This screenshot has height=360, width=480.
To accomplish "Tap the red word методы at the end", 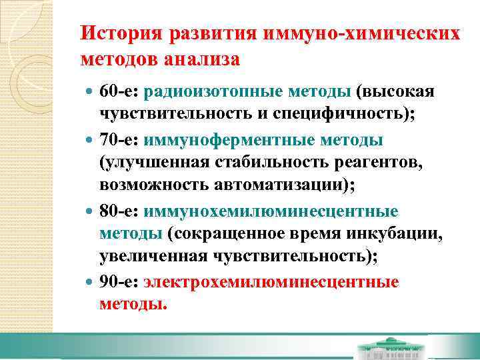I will tap(131, 305).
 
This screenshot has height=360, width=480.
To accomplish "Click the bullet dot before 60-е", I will tap(89, 91).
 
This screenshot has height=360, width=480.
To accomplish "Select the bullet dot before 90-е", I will tap(89, 283).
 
